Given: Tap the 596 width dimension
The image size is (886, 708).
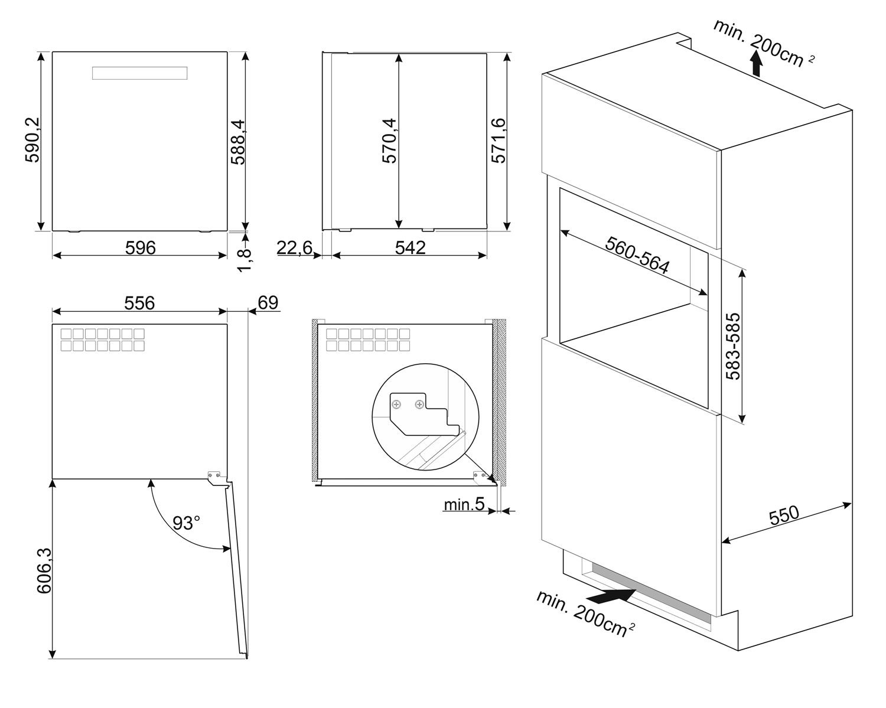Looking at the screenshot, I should tap(140, 247).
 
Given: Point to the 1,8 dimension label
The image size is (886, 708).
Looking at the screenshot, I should tap(245, 260).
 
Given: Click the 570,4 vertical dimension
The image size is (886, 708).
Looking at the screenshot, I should tap(389, 141).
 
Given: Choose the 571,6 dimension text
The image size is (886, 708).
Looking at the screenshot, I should tap(498, 141).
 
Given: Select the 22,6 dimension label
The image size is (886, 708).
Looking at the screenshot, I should tap(294, 247).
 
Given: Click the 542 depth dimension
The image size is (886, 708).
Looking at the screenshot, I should tap(410, 247).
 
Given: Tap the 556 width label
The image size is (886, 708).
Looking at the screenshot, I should tap(139, 303).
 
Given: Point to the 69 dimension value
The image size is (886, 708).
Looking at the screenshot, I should tap(268, 302).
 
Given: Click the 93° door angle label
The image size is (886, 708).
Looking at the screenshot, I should tap(186, 523).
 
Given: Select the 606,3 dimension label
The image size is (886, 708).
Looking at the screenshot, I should tap(44, 570).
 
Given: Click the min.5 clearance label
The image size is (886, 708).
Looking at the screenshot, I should tap(464, 504).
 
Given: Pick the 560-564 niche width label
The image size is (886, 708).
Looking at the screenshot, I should tap(637, 256).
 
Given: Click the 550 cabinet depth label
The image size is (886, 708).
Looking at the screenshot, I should tap(784, 515).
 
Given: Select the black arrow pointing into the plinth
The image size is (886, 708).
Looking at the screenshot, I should tap(612, 596).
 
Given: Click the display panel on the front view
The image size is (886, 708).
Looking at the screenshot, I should tap(140, 73).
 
